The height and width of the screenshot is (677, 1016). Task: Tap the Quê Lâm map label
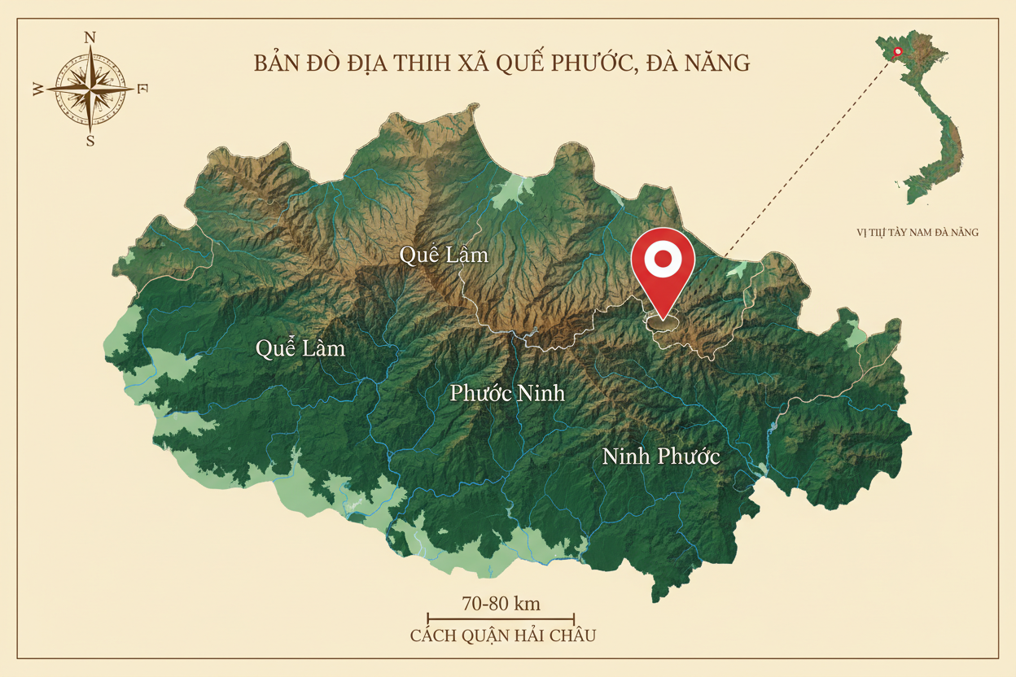click(444, 255)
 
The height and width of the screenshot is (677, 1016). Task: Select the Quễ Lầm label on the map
click(300, 349)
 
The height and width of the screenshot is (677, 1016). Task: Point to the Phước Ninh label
click(507, 394)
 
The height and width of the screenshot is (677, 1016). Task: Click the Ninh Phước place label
click(661, 456)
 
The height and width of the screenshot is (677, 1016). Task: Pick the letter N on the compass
click(90, 37)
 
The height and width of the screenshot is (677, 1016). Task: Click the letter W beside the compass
click(38, 90)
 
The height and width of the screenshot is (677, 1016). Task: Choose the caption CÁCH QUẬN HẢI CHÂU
click(502, 636)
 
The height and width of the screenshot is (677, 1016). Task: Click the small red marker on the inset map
click(897, 52)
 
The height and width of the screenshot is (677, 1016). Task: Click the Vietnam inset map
click(929, 122)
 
